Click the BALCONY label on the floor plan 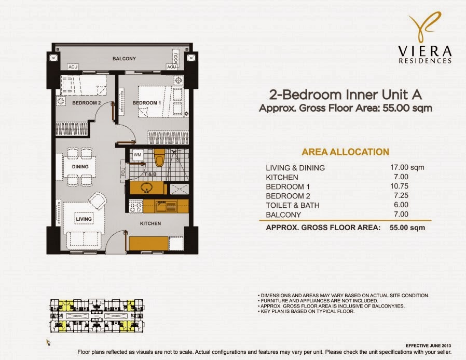pyautogui.click(x=124, y=59)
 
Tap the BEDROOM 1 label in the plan pyautogui.click(x=146, y=103)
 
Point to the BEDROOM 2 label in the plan pyautogui.click(x=87, y=103)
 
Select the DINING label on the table pyautogui.click(x=80, y=167)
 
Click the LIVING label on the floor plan pyautogui.click(x=84, y=219)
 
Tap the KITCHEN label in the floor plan pyautogui.click(x=150, y=223)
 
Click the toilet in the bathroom pyautogui.click(x=159, y=157)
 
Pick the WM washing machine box pyautogui.click(x=138, y=155)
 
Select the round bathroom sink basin pyautogui.click(x=146, y=188)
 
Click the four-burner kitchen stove pyautogui.click(x=135, y=206)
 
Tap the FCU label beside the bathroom pyautogui.click(x=124, y=171)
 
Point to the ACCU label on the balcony pyautogui.click(x=175, y=59)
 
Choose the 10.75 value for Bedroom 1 pyautogui.click(x=400, y=186)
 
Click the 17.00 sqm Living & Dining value pyautogui.click(x=407, y=167)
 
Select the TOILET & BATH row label pyautogui.click(x=293, y=205)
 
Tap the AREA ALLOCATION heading pyautogui.click(x=345, y=152)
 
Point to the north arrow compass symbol pyautogui.click(x=48, y=342)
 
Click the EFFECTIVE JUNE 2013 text pyautogui.click(x=428, y=346)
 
